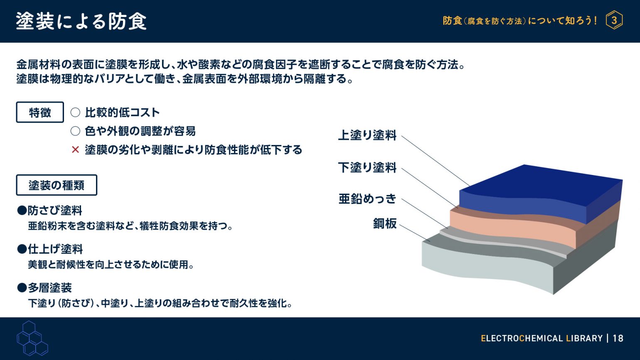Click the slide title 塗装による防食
pos(81,22)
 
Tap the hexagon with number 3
pos(614,20)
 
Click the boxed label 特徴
pos(40,112)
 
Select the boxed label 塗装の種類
pos(57,185)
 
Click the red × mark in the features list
pos(76,149)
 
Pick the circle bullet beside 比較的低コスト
pos(76,112)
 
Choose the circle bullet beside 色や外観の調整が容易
pos(76,131)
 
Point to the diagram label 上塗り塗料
pos(367,135)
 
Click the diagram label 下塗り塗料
pos(367,168)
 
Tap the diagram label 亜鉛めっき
pos(367,199)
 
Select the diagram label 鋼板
pos(385,223)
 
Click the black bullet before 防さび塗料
pos(22,211)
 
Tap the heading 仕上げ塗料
pos(55,249)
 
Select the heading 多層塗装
pos(50,288)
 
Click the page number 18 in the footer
pos(618,338)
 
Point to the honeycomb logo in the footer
pos(32,338)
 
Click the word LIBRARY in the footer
pos(584,338)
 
